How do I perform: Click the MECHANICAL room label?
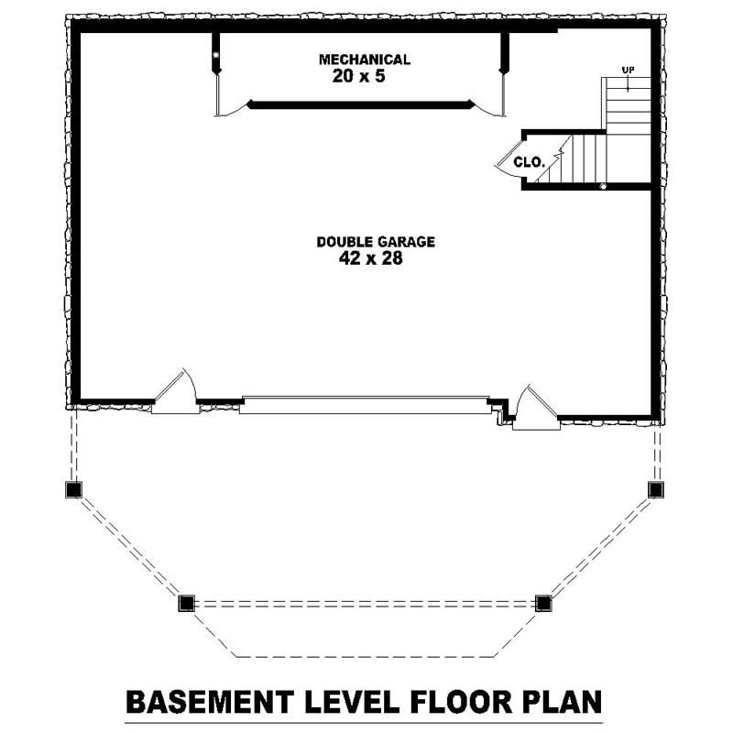tap(365, 60)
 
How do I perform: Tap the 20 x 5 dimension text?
tap(358, 76)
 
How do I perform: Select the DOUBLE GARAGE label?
tap(376, 242)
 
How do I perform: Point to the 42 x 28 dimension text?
tap(371, 258)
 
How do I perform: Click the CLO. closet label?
tap(530, 162)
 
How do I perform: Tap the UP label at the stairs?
tap(628, 71)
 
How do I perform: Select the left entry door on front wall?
tap(175, 391)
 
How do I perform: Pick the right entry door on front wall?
tap(536, 407)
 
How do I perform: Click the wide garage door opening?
tap(365, 405)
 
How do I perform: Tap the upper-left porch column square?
tap(73, 489)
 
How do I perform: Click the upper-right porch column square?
tap(656, 489)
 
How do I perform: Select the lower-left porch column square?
tap(186, 603)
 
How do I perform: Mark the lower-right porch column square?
tap(543, 603)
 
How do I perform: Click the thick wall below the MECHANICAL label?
tap(360, 104)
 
